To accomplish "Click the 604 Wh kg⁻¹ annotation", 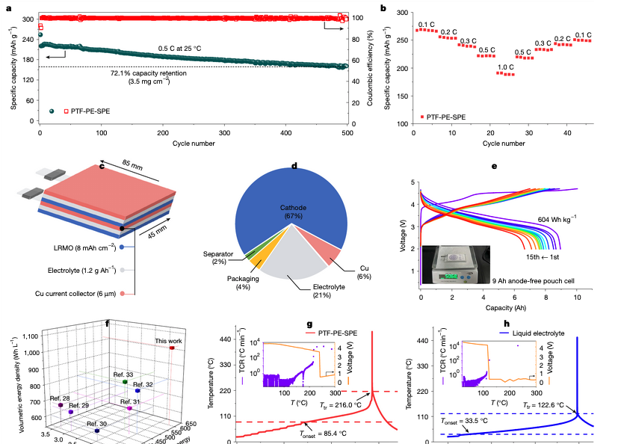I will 558,218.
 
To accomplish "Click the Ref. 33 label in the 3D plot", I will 123,374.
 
